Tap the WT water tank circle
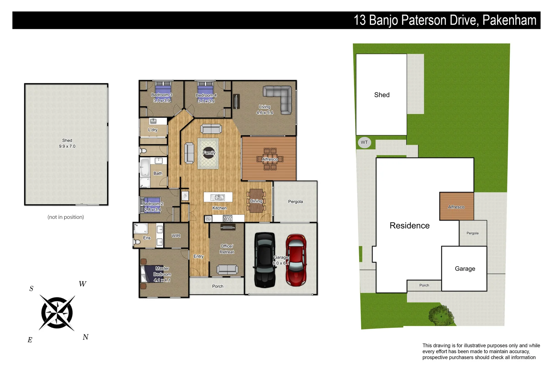[x=364, y=142]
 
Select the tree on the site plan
[x=441, y=316]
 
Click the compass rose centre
[x=57, y=313]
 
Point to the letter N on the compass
[x=86, y=337]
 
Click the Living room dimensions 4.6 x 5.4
[x=264, y=113]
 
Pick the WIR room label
[x=176, y=236]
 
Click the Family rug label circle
[x=209, y=153]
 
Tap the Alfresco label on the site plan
[x=456, y=207]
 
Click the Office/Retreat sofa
[x=227, y=269]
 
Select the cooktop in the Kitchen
[x=227, y=218]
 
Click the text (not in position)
[x=65, y=217]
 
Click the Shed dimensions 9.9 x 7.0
[x=67, y=146]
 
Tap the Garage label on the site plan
[x=465, y=269]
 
